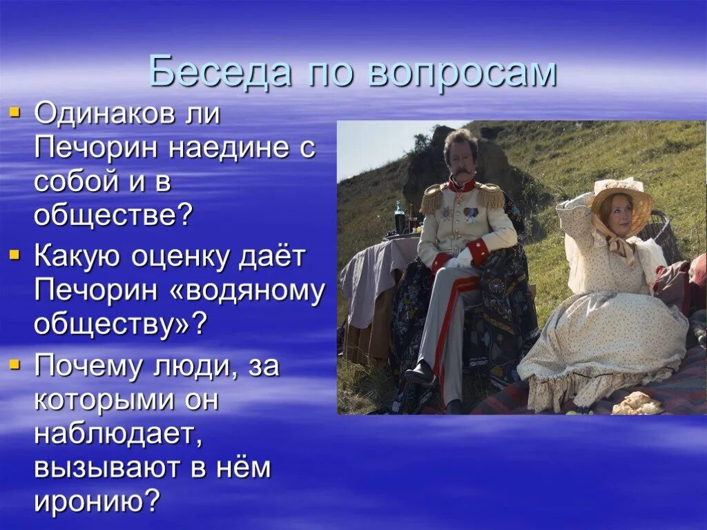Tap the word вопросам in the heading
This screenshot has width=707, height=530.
click(x=462, y=72)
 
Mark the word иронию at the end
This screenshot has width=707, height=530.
click(x=96, y=502)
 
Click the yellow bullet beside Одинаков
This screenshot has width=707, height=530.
click(x=15, y=110)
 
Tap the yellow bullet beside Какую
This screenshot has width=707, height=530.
click(x=15, y=255)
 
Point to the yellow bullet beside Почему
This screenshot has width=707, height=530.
click(x=15, y=363)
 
